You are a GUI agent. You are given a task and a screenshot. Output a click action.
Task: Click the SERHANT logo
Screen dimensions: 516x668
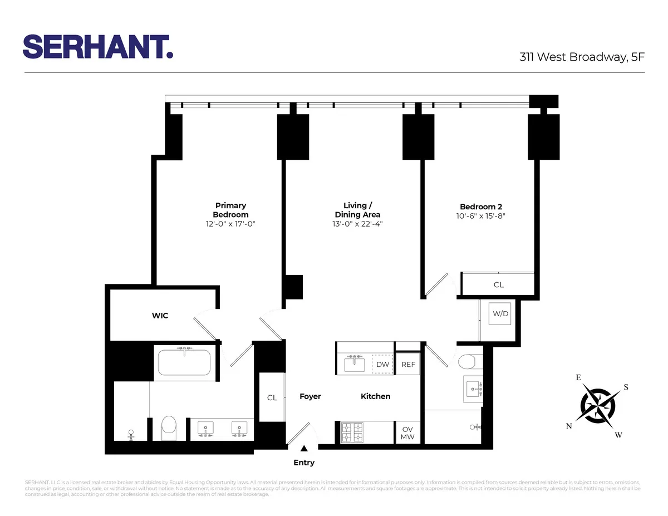coord(98,46)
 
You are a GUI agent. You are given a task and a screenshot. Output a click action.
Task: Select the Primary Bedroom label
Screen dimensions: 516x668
coord(230,210)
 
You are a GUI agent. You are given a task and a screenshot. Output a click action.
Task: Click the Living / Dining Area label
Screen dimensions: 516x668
coord(357,210)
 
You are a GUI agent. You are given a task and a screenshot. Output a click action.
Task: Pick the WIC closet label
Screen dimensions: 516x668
coord(160,316)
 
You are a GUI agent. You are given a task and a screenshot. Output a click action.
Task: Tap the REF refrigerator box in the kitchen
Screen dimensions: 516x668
coord(408,365)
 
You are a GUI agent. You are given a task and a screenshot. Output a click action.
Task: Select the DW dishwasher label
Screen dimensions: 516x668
coord(382,365)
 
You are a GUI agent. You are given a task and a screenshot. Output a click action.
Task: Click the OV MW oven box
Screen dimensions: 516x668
coord(407,433)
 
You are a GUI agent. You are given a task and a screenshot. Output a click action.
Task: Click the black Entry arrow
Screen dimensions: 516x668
coord(304,448)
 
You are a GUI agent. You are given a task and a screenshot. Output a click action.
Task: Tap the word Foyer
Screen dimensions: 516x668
coord(310,396)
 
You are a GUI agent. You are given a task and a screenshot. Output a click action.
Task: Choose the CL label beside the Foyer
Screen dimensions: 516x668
coord(272,397)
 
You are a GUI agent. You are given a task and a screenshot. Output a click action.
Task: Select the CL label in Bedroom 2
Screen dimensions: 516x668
coord(498,284)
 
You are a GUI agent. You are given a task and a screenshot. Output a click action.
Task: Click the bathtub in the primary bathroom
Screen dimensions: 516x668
coord(183,362)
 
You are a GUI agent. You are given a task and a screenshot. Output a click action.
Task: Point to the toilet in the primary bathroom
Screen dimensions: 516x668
coord(168,427)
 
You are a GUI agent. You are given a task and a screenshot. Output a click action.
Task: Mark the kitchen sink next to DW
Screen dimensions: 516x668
coord(354,364)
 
